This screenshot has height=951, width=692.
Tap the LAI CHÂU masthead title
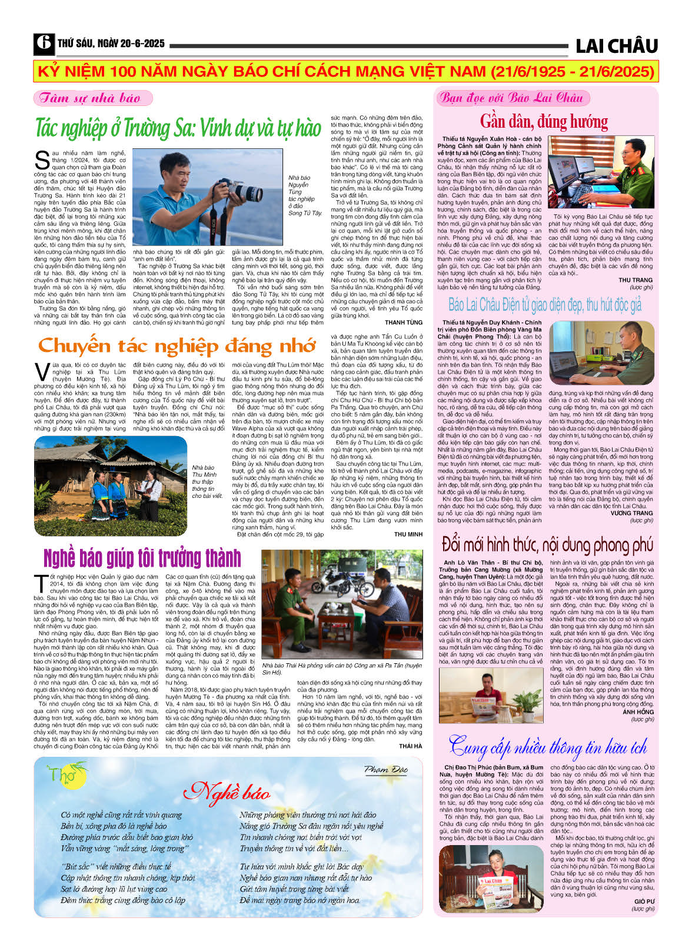(616, 45)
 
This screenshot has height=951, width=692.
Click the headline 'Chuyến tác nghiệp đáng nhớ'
(177, 346)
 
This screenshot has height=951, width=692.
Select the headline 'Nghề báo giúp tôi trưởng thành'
(142, 558)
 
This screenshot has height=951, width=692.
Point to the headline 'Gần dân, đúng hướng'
(544, 121)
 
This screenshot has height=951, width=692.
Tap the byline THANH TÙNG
(404, 322)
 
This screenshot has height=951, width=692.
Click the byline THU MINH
(408, 534)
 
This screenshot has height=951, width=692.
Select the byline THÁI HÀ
(410, 746)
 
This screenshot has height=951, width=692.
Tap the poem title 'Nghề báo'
(227, 792)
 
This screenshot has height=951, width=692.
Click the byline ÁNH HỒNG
(638, 712)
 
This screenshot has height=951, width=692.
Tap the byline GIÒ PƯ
(644, 902)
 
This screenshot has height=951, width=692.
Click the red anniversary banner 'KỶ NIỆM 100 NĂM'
(345, 72)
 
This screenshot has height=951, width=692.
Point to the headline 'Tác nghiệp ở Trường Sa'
(178, 128)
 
